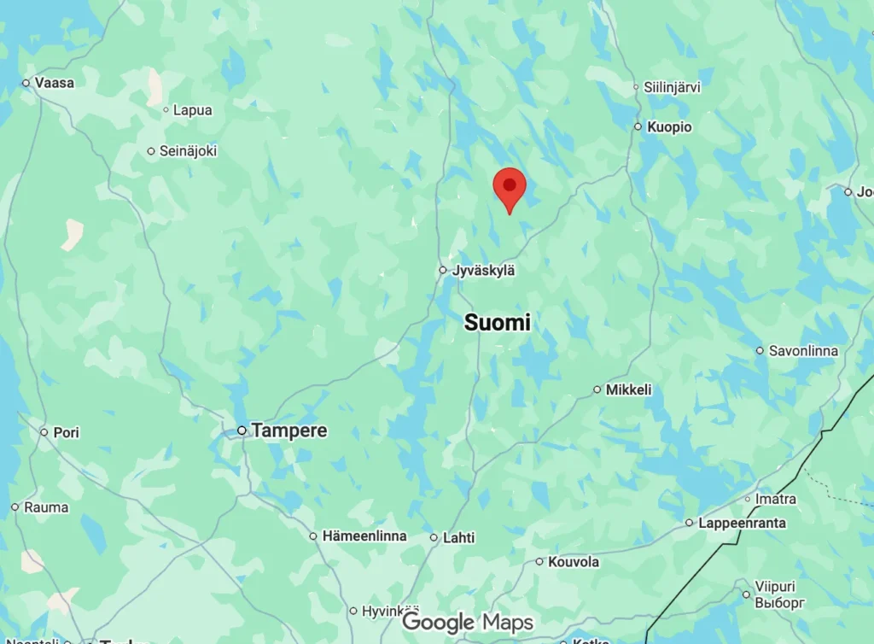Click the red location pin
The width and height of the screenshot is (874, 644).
click(x=510, y=187)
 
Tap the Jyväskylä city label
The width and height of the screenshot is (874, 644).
click(x=484, y=270)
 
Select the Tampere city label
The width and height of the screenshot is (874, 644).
click(x=289, y=430)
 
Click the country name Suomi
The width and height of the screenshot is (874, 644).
click(x=497, y=323)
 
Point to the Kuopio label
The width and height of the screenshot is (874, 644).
click(x=669, y=127)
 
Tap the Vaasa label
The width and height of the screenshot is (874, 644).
click(x=55, y=83)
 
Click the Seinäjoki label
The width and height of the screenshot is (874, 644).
click(x=188, y=151)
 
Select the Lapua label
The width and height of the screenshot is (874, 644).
click(x=192, y=110)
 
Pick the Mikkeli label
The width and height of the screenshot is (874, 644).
click(x=628, y=389)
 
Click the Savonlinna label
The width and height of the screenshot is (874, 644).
click(x=803, y=350)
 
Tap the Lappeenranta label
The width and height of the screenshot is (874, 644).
click(x=742, y=523)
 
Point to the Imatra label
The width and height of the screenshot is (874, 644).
click(x=775, y=499)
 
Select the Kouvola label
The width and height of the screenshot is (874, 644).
click(x=573, y=562)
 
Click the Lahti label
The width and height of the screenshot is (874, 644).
click(x=458, y=538)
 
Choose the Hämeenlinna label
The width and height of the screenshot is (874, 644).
click(x=364, y=536)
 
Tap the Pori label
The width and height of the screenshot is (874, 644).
click(x=66, y=432)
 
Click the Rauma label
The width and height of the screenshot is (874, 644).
click(x=46, y=507)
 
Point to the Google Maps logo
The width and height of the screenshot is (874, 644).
click(x=468, y=623)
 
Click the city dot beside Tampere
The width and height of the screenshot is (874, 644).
click(x=242, y=430)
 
